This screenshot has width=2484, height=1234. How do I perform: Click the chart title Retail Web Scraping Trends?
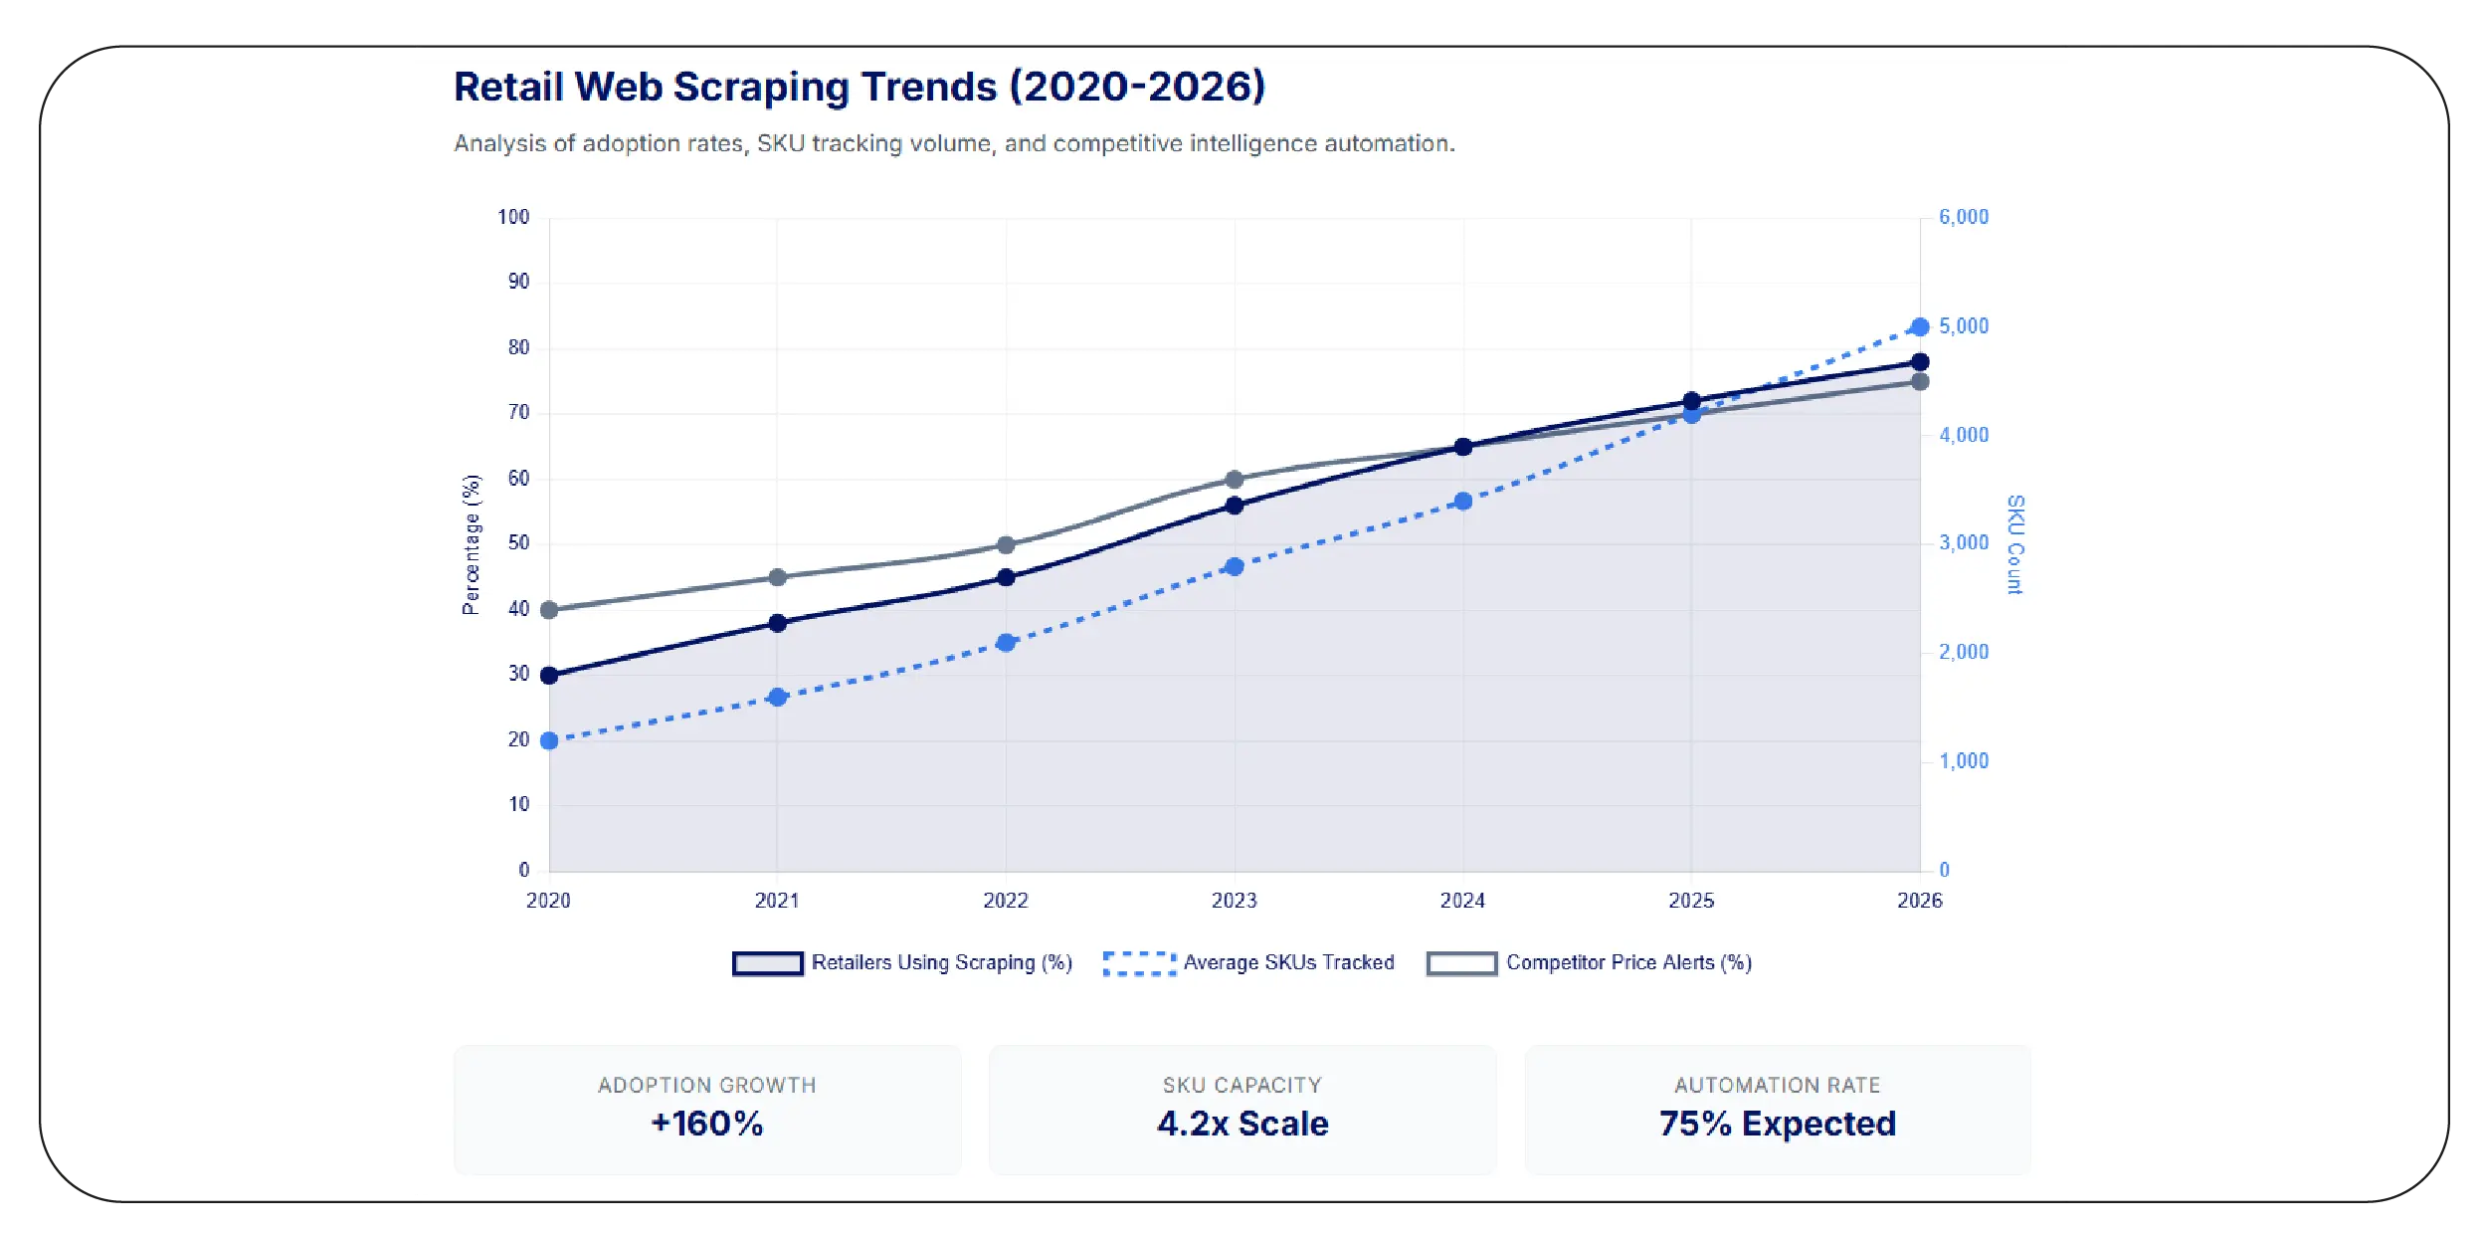859,87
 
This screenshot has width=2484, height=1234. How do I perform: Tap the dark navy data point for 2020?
549,676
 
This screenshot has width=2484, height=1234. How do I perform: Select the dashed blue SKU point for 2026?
1920,327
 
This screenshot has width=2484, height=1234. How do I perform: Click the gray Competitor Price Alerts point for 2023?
1235,480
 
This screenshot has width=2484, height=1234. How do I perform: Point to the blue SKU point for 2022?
1006,643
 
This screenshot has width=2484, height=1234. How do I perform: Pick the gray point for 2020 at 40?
549,610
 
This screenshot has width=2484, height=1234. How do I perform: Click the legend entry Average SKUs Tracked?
1288,962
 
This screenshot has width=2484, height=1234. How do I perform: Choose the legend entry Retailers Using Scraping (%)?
941,962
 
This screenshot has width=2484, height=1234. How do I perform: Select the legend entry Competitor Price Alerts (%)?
1627,962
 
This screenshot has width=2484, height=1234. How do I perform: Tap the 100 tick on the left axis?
513,217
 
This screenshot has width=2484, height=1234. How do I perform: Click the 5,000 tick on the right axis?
1963,326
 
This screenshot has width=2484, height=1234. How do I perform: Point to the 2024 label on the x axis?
1462,901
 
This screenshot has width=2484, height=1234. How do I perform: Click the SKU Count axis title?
2014,544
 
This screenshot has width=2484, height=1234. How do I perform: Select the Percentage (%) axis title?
471,544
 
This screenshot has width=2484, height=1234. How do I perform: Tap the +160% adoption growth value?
707,1124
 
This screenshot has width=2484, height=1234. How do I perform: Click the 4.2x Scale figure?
1242,1124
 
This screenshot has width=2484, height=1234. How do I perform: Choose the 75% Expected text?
1778,1124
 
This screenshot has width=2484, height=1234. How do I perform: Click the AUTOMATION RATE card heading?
1778,1085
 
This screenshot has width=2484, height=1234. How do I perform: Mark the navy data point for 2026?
1920,362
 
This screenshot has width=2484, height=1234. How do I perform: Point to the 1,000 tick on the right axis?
1963,761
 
